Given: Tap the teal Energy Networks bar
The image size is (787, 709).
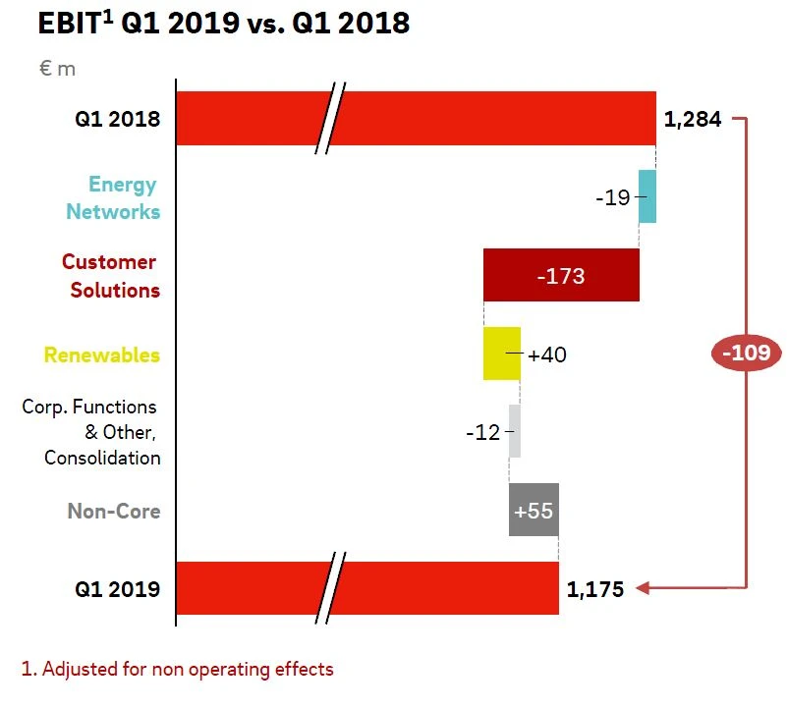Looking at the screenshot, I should click(x=647, y=196).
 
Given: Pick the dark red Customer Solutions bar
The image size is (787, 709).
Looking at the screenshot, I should click(x=561, y=275).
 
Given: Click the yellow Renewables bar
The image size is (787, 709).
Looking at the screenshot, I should click(x=501, y=354).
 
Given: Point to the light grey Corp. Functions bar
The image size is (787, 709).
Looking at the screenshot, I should click(x=515, y=431).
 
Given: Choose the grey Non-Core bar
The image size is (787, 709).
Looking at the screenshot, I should click(x=534, y=510).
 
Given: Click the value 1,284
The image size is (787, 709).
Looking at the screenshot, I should click(x=693, y=120).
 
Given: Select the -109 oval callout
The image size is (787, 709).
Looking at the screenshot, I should click(x=746, y=353).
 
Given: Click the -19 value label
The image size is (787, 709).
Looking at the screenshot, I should click(x=612, y=197).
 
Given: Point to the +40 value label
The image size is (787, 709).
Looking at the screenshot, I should click(x=547, y=354).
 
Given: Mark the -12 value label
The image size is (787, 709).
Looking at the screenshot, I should click(x=483, y=432).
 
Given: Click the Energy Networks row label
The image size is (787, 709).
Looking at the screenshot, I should click(x=112, y=197).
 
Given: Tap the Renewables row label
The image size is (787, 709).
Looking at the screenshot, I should click(x=102, y=354).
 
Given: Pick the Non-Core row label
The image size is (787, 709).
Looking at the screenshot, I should click(x=114, y=511).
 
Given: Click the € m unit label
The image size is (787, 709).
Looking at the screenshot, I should click(x=57, y=69).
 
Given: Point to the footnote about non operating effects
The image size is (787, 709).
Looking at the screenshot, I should click(x=178, y=670).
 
